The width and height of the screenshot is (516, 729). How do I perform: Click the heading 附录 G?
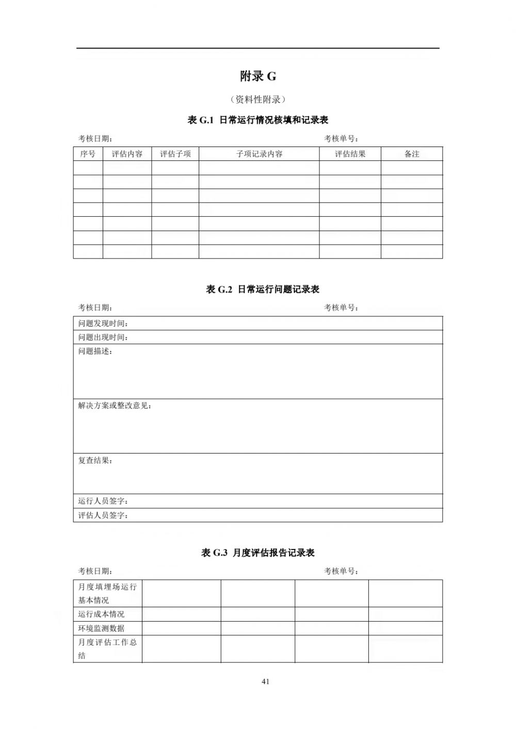pyautogui.click(x=258, y=76)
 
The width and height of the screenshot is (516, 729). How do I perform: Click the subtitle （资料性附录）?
pyautogui.click(x=258, y=100)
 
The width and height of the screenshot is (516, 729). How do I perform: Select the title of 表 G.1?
pyautogui.click(x=258, y=120)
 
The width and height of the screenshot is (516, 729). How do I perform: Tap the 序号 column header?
pyautogui.click(x=88, y=154)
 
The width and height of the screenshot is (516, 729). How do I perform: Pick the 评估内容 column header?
pyautogui.click(x=127, y=154)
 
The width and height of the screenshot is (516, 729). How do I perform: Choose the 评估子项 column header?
pyautogui.click(x=175, y=154)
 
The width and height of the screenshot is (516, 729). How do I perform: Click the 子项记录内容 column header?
pyautogui.click(x=259, y=154)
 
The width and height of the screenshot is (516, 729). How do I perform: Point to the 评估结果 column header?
pyautogui.click(x=350, y=154)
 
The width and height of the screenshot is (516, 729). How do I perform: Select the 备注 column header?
pyautogui.click(x=412, y=154)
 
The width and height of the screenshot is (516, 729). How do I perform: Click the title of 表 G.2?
pyautogui.click(x=263, y=289)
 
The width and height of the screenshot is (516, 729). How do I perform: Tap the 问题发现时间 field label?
pyautogui.click(x=103, y=323)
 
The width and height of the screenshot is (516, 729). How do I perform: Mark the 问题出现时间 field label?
pyautogui.click(x=103, y=337)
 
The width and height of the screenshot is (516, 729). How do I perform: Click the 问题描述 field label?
pyautogui.click(x=95, y=351)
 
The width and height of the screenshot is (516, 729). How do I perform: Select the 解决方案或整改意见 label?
pyautogui.click(x=115, y=406)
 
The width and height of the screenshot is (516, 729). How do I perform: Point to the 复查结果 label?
pyautogui.click(x=95, y=461)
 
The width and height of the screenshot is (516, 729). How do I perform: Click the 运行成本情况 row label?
pyautogui.click(x=101, y=614)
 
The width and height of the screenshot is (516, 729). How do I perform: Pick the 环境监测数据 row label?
pyautogui.click(x=101, y=628)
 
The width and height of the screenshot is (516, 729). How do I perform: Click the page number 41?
pyautogui.click(x=266, y=682)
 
